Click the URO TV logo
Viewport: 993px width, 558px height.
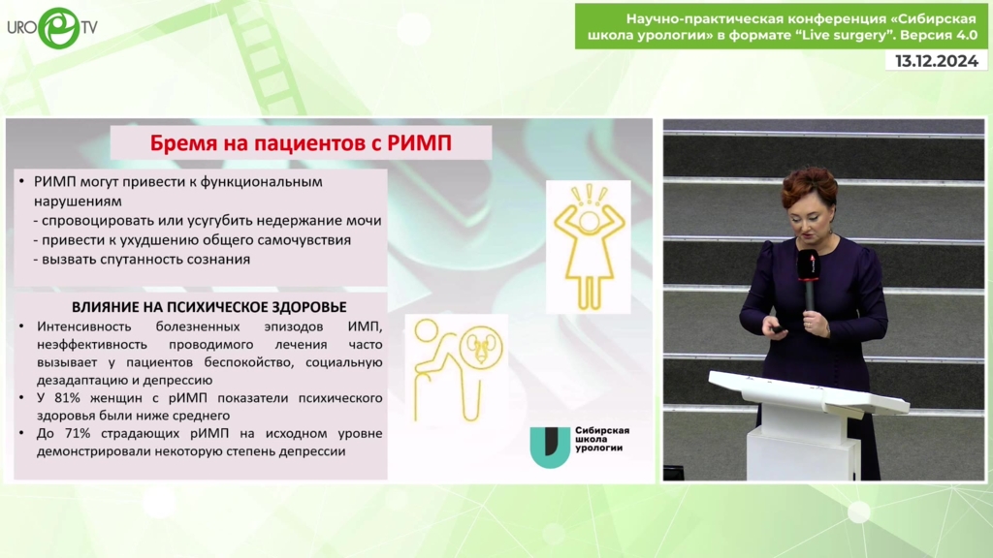52,28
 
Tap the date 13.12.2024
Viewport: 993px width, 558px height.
936,61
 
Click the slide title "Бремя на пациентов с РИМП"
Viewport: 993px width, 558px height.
301,143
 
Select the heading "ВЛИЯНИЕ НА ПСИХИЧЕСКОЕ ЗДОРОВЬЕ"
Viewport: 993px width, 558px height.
209,307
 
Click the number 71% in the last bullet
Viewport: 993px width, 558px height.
77,433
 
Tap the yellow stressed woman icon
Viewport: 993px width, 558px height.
589,247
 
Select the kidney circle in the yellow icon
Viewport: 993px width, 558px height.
481,347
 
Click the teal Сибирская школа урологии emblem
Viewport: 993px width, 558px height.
550,447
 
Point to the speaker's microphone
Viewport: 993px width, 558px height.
808,277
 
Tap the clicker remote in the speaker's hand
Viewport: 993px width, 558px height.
778,328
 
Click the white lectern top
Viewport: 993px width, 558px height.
808,392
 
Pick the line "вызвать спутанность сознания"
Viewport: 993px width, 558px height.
145,260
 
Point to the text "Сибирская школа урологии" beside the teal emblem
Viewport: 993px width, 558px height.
601,439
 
